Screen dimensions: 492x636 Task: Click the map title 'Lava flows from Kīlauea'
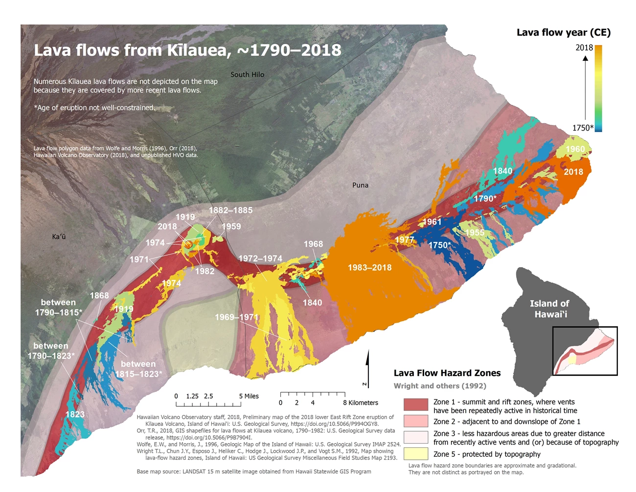pos(187,50)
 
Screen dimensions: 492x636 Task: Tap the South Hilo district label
pos(247,74)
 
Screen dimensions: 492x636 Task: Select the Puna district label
pos(360,185)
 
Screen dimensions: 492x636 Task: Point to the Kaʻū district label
pos(59,236)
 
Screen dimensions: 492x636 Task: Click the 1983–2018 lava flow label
pos(369,267)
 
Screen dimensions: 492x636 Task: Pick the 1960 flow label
pos(575,149)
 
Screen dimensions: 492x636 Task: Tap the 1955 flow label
pos(474,233)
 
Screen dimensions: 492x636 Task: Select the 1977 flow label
pos(405,239)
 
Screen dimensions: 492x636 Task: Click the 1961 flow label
pos(432,222)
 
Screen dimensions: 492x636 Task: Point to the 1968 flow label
pos(313,244)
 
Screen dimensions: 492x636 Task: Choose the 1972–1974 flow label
pos(260,258)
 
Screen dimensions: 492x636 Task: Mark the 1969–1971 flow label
pos(236,317)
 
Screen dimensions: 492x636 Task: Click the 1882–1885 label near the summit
pos(230,210)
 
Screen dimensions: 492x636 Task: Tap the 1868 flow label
pos(99,295)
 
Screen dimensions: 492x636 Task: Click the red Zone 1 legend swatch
pos(416,404)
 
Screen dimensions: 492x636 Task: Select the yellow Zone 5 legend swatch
pos(416,453)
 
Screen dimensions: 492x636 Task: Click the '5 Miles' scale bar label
pos(249,396)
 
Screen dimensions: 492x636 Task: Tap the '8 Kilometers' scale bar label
pos(361,402)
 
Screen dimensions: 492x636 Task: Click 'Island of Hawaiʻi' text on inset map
pos(549,308)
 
